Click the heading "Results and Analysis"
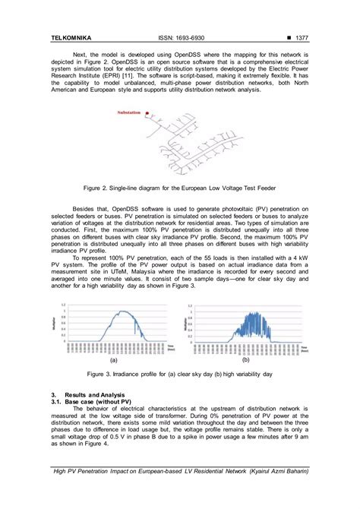point(95,395)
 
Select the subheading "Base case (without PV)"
point(99,401)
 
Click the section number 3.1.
point(56,401)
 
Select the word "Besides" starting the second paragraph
point(84,207)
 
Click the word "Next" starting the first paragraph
point(79,54)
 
